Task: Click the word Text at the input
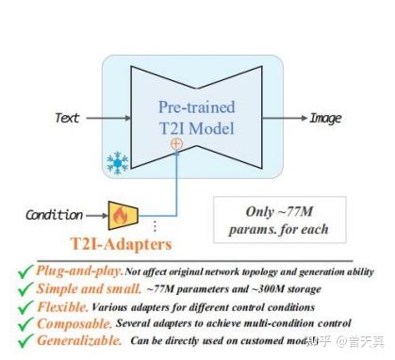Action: tap(67, 118)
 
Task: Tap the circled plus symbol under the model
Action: tap(174, 143)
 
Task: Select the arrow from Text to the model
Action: tap(106, 118)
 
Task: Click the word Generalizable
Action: tap(80, 340)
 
